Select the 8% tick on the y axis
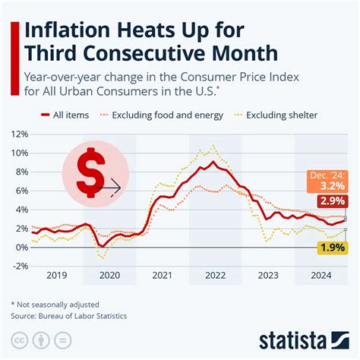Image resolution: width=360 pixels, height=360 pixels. coord(19,172)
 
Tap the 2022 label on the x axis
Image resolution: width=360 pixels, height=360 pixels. coord(216,277)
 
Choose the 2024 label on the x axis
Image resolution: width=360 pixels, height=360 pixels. coord(322,277)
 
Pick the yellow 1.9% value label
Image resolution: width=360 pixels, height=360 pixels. coord(331,248)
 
